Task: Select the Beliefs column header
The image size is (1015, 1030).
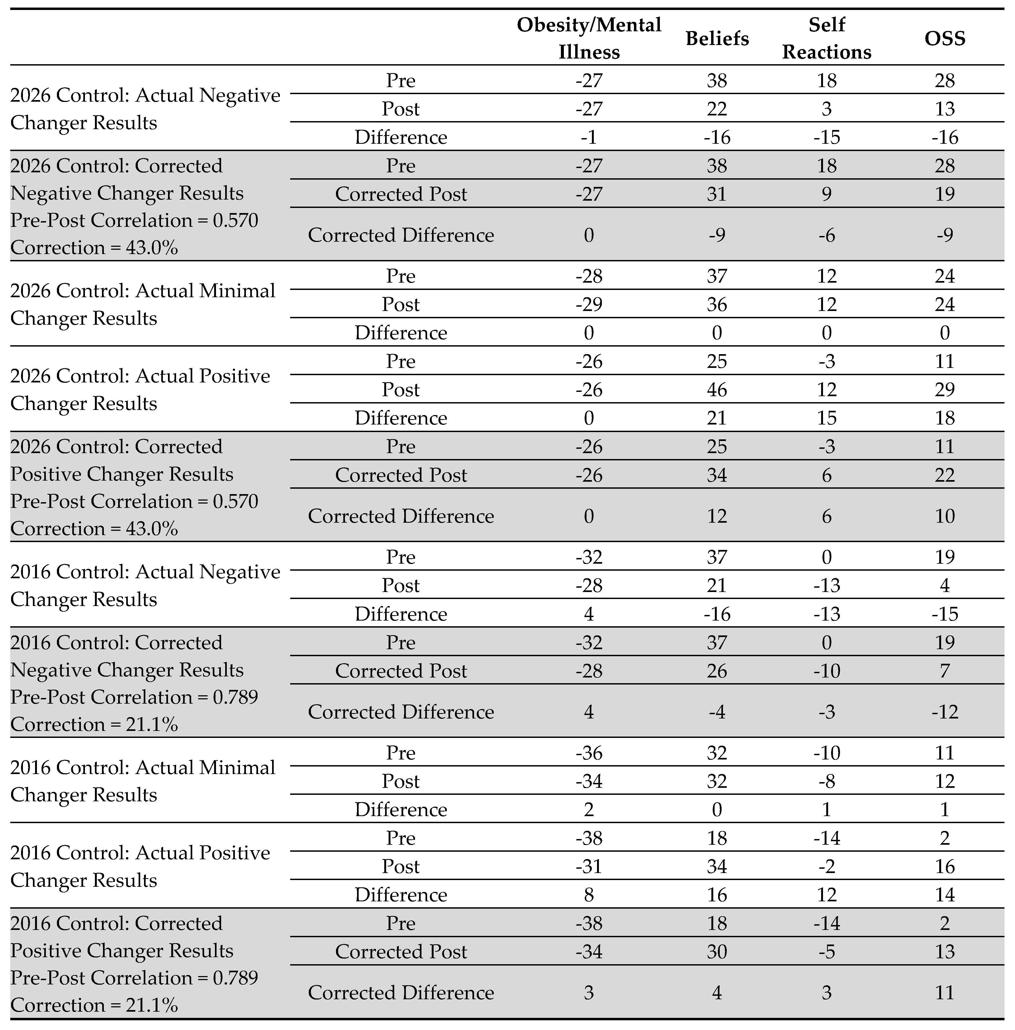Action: pyautogui.click(x=717, y=38)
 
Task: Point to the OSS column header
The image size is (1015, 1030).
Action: pyautogui.click(x=945, y=38)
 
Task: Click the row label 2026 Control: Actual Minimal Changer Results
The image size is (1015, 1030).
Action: pyautogui.click(x=143, y=304)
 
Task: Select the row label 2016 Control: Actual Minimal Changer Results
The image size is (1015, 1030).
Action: pyautogui.click(x=143, y=781)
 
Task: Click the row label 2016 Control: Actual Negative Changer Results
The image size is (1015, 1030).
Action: pyautogui.click(x=145, y=585)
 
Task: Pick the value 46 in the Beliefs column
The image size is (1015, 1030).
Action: pyautogui.click(x=717, y=390)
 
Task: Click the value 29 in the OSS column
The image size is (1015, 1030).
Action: pyautogui.click(x=945, y=390)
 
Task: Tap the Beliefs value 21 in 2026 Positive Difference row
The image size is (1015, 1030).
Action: pyautogui.click(x=717, y=418)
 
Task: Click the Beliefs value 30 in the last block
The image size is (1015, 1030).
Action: pyautogui.click(x=717, y=952)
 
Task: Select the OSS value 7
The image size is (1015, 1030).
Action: pyautogui.click(x=945, y=671)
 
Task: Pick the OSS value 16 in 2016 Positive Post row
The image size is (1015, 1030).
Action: pyautogui.click(x=945, y=866)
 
